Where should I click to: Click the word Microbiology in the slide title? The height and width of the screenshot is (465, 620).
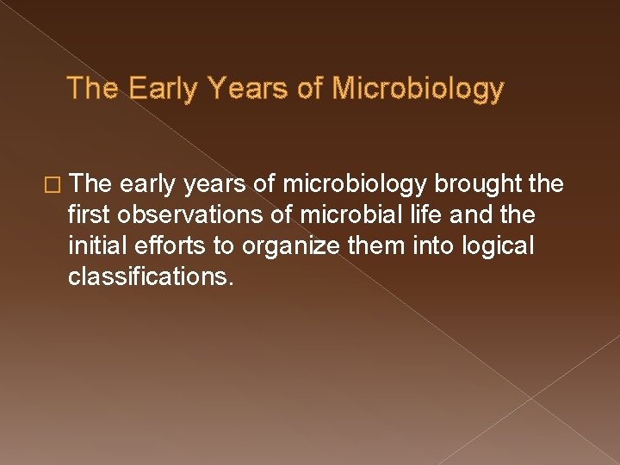pyautogui.click(x=418, y=89)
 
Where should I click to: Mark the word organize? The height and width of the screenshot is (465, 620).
pyautogui.click(x=280, y=246)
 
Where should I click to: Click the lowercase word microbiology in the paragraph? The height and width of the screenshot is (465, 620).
pyautogui.click(x=355, y=184)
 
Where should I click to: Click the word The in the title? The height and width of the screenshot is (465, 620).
pyautogui.click(x=94, y=89)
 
